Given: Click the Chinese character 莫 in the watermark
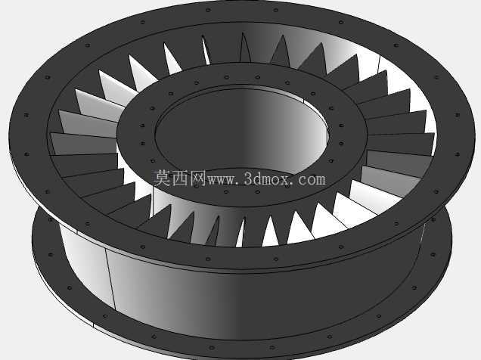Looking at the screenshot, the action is (162, 178).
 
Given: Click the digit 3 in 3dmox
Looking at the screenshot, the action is (249, 178).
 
